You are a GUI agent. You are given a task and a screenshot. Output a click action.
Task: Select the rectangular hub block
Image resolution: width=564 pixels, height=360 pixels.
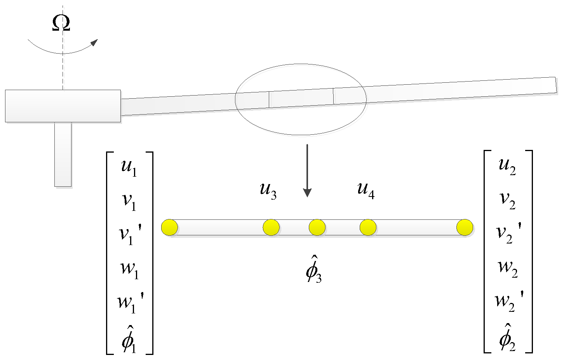[63, 106]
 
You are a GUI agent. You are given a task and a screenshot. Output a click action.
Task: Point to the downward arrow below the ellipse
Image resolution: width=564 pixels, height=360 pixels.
[307, 171]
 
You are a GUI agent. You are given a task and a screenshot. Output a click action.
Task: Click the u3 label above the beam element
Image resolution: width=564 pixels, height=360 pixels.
[268, 191]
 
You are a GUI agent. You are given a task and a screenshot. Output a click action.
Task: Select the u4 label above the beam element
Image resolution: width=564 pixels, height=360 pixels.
[366, 191]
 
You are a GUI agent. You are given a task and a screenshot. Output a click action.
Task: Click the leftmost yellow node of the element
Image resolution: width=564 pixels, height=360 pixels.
[170, 227]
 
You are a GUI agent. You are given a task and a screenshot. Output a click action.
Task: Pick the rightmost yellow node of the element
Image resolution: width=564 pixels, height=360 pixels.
[465, 227]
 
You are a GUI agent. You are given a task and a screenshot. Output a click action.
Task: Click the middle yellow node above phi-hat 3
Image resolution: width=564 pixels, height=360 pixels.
[317, 227]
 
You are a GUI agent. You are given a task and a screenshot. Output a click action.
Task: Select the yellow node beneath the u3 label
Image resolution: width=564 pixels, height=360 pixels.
[271, 227]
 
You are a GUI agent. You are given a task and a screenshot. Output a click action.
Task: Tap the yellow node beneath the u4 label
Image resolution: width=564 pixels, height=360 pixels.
[368, 227]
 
